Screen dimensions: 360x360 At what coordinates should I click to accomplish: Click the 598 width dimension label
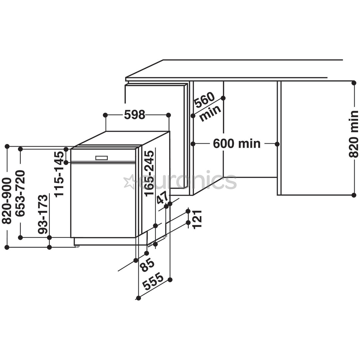tap(135, 115)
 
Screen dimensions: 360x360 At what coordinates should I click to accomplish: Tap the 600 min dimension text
tap(237, 144)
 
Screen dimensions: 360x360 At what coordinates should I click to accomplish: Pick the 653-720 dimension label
tap(20, 193)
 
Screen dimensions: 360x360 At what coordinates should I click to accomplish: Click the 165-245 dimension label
tap(149, 173)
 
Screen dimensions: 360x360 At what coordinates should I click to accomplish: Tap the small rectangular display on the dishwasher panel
tap(101, 158)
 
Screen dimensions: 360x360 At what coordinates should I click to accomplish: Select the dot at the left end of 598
tap(105, 115)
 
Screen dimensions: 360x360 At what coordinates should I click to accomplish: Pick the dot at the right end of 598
tap(168, 115)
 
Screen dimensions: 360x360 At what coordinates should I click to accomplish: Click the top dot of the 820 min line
tap(354, 83)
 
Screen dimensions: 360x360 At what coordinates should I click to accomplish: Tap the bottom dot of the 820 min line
tap(354, 195)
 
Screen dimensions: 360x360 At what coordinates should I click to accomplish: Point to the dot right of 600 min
tap(277, 144)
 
